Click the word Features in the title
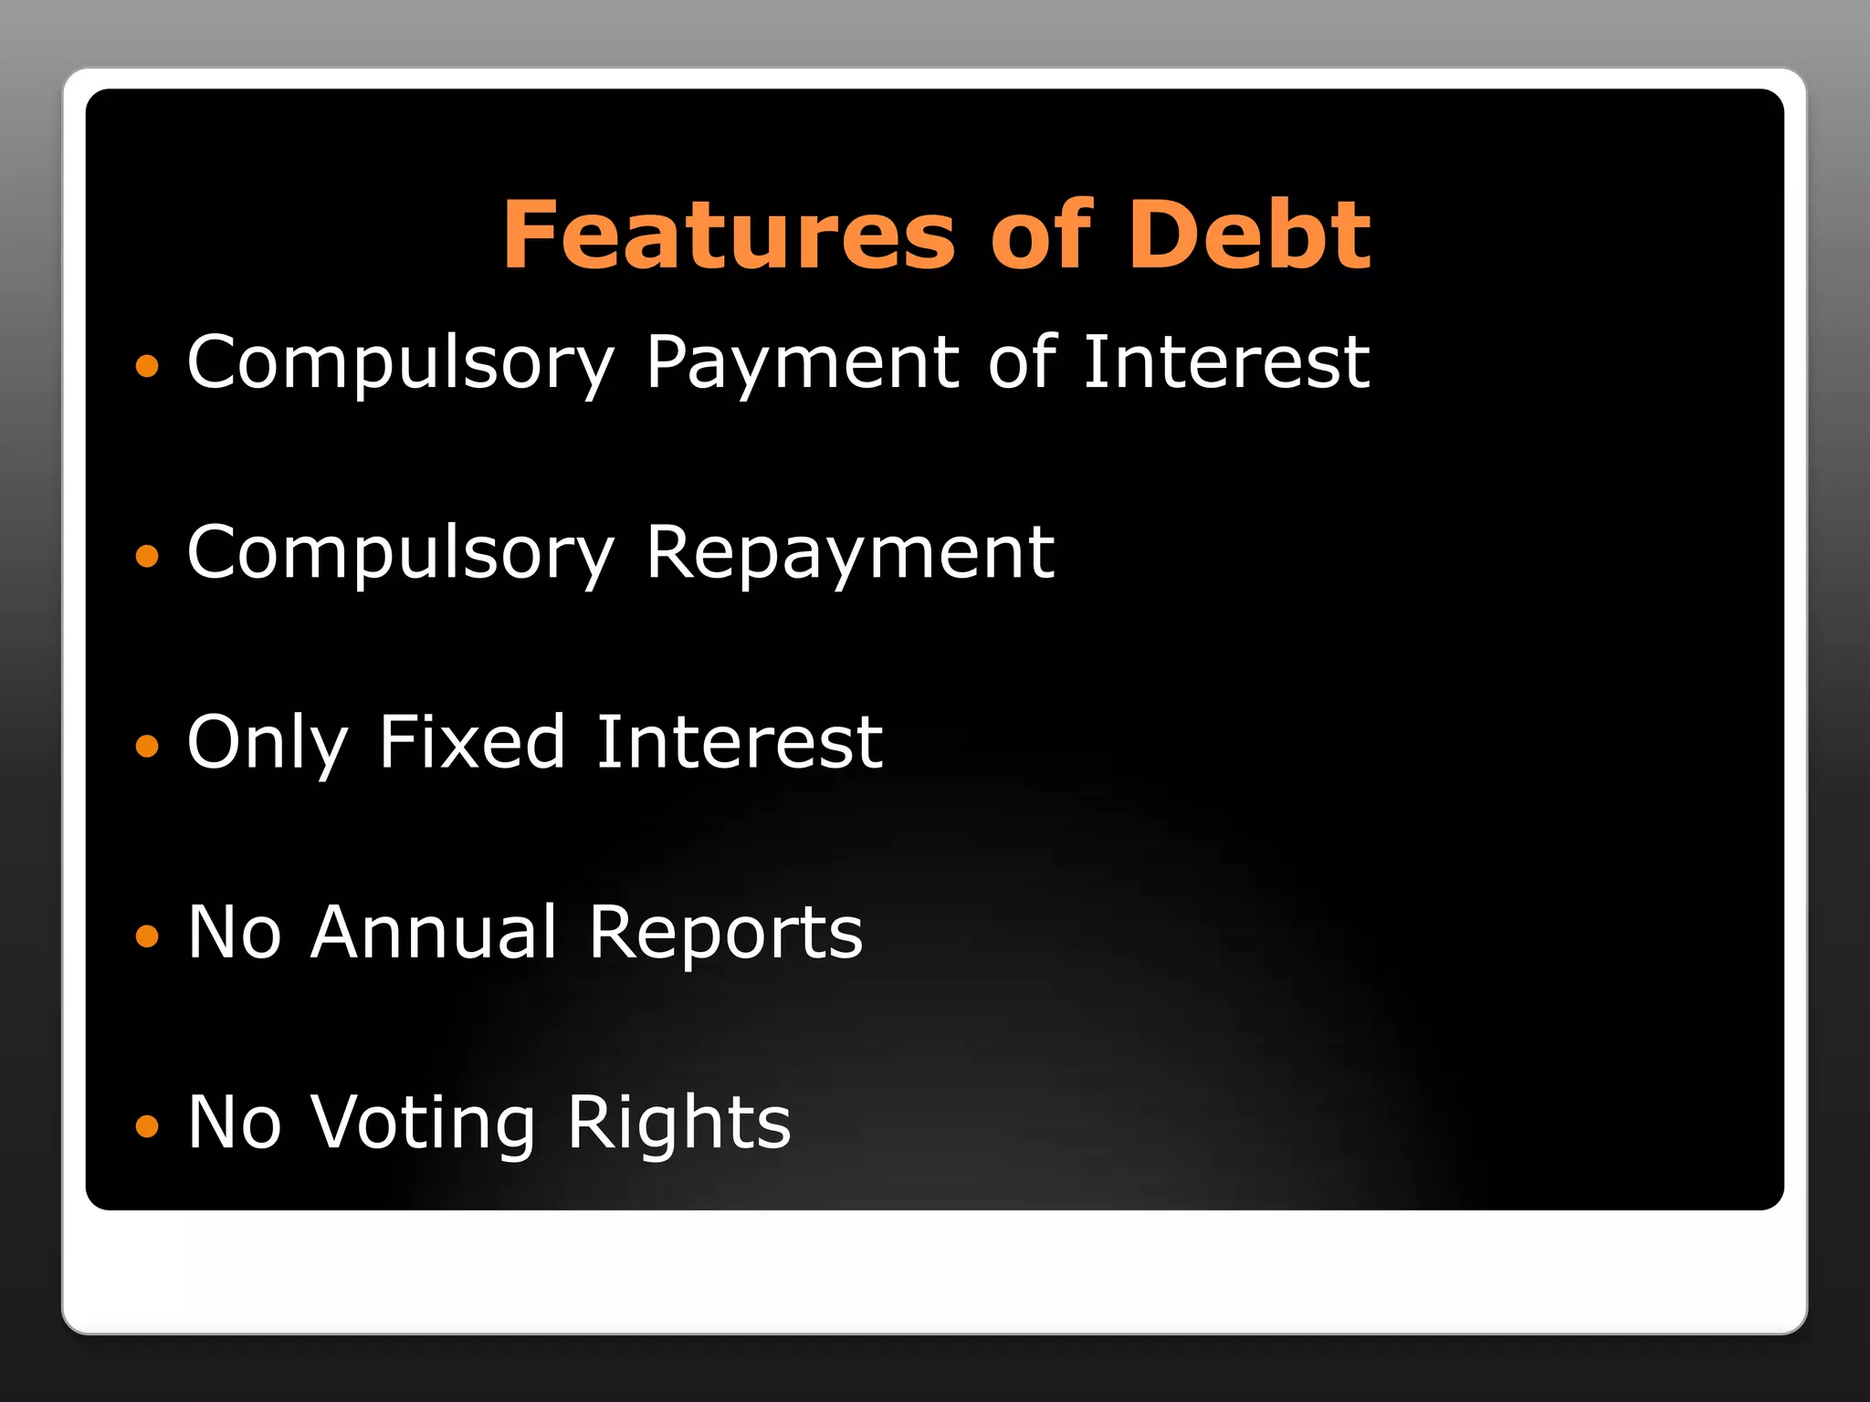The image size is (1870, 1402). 729,235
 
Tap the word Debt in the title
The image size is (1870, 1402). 1249,235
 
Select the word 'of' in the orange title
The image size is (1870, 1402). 1041,235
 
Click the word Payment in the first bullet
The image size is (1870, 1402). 802,363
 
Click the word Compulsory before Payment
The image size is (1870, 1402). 401,363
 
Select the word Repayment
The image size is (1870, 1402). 850,553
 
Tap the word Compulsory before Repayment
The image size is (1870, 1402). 401,553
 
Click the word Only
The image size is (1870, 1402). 268,743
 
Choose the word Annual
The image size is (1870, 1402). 434,932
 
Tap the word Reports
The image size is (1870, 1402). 726,933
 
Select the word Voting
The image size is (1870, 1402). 423,1123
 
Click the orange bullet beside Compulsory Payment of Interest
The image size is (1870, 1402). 147,367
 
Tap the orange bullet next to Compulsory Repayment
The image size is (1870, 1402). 147,556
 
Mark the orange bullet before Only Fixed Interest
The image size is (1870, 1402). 147,747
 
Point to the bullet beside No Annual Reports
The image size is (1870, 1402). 147,936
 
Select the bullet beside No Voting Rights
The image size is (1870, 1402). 147,1126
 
